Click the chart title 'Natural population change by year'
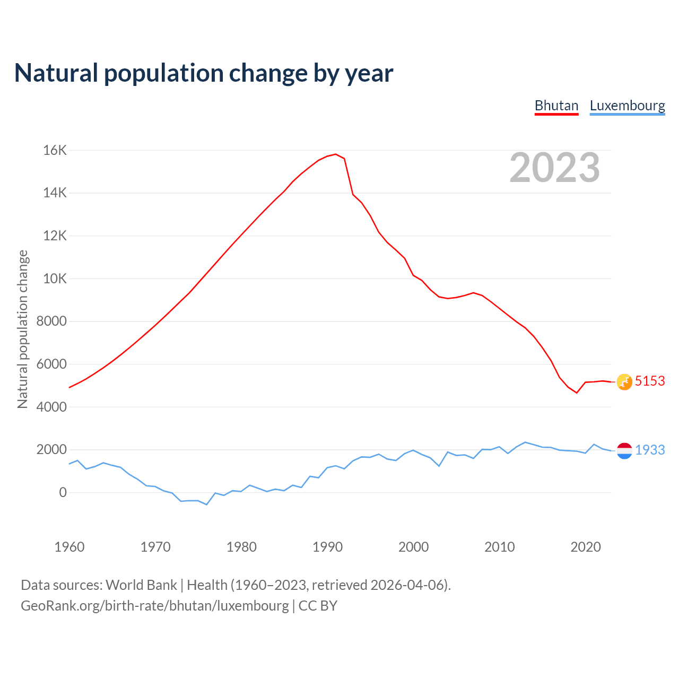[x=203, y=73]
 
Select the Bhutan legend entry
[x=556, y=106]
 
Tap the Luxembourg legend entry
[x=627, y=106]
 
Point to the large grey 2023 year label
[x=554, y=168]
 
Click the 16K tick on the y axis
[x=55, y=151]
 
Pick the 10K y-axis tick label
[x=55, y=278]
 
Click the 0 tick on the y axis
[x=63, y=492]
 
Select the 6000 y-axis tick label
[x=51, y=364]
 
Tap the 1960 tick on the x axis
[x=69, y=547]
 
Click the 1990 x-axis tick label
[x=327, y=547]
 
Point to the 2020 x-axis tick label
[x=585, y=547]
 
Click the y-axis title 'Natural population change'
[x=23, y=329]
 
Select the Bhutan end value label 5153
[x=650, y=381]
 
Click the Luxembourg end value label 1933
[x=650, y=450]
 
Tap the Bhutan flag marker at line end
[x=624, y=381]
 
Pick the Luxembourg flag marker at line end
[x=624, y=450]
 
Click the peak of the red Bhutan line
[x=336, y=154]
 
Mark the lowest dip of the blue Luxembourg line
[x=207, y=504]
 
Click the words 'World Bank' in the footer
[x=141, y=585]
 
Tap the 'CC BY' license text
[x=318, y=606]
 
